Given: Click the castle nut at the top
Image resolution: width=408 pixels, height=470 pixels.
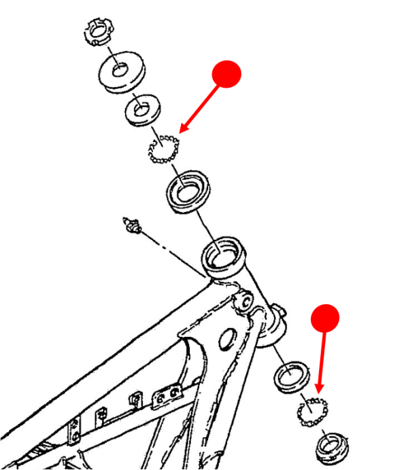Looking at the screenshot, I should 99,31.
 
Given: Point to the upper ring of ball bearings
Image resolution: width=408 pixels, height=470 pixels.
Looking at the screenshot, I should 164,149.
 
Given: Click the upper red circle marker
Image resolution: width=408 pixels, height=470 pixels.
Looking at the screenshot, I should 227,74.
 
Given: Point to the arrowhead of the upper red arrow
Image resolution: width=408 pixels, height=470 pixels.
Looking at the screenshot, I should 180,132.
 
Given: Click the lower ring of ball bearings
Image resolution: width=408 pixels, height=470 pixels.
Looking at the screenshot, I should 312,410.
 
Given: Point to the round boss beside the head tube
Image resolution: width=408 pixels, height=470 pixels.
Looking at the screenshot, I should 259,314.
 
